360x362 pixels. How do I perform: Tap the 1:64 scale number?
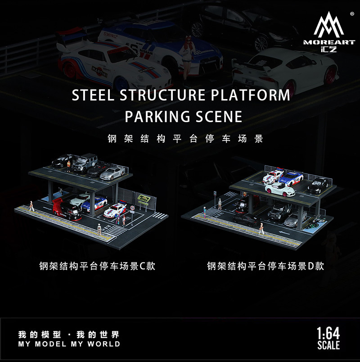[328, 335]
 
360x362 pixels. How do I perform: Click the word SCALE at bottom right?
[328, 346]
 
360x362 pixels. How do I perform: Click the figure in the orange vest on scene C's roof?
[68, 167]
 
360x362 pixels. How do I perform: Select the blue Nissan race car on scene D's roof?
[292, 177]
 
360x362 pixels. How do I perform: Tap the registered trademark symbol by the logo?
[351, 13]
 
